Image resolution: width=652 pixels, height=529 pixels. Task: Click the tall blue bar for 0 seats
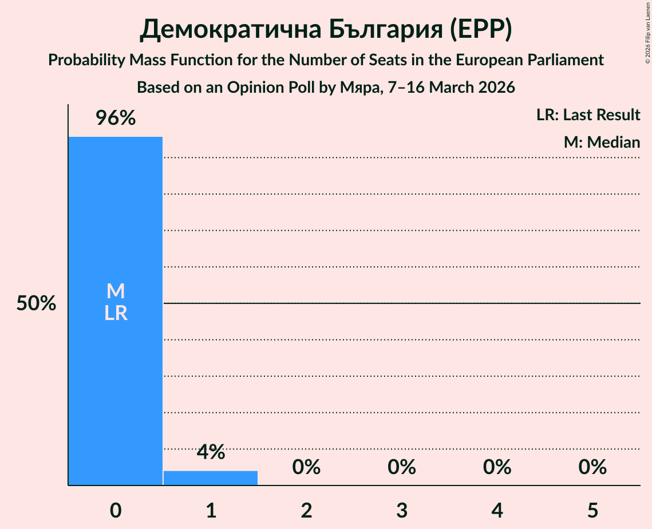(115, 372)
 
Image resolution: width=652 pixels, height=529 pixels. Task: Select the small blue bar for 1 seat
(211, 478)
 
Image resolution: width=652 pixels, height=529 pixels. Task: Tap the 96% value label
(115, 119)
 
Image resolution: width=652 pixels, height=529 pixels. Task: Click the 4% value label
(211, 452)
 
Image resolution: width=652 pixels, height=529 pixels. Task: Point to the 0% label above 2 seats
(306, 467)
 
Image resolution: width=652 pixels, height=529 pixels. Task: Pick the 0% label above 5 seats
(592, 467)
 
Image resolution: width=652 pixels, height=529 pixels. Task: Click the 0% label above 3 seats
(402, 467)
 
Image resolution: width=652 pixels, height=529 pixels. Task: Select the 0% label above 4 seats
(497, 467)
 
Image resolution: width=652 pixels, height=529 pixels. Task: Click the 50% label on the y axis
(36, 304)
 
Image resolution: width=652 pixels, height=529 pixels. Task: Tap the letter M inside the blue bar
(115, 291)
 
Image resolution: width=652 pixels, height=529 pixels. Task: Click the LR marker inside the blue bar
(115, 314)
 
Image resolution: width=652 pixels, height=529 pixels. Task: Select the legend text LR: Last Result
(588, 115)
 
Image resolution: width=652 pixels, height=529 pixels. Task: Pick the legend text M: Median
(602, 143)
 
